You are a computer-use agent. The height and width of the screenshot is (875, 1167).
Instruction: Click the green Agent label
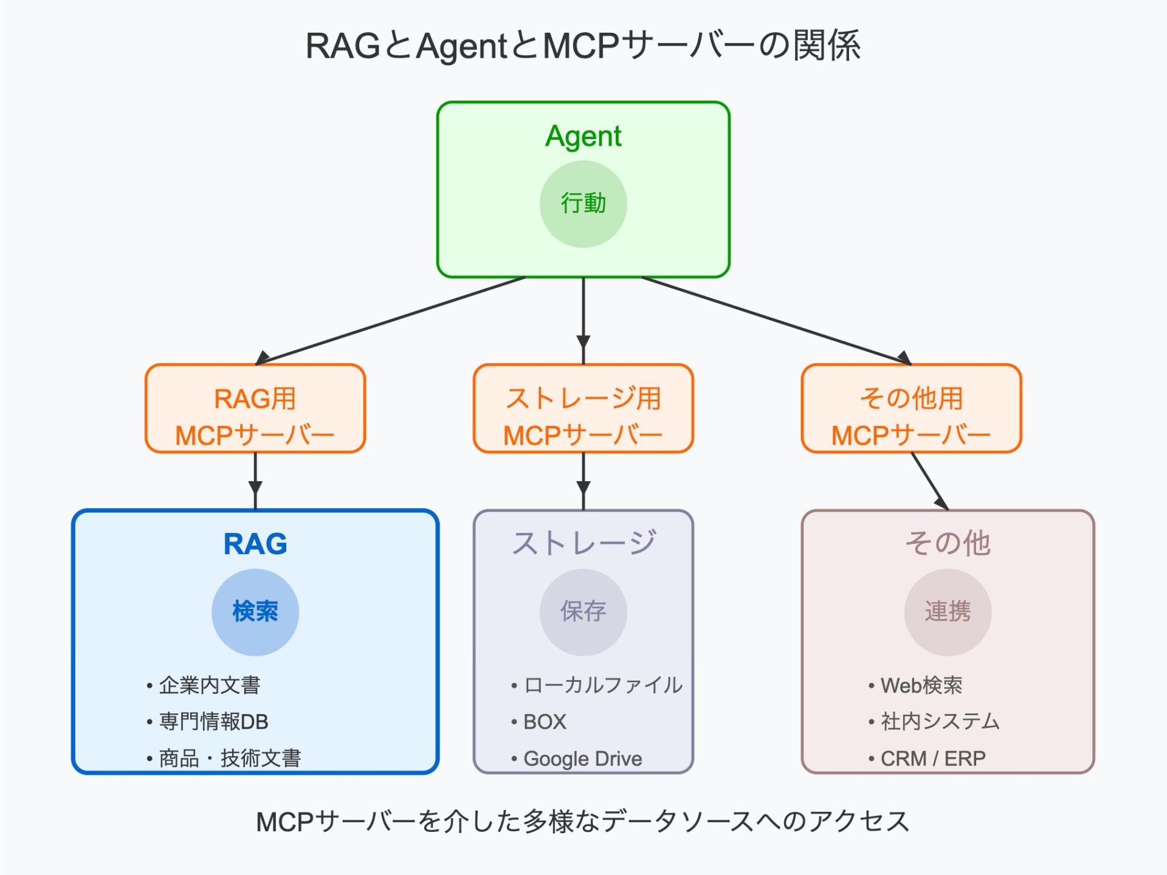pos(583,136)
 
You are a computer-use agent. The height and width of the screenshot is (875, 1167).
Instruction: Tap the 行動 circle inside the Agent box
pos(583,204)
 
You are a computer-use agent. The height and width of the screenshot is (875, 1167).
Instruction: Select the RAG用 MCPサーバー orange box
pos(255,409)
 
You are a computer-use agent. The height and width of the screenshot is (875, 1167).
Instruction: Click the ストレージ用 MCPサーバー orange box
pos(583,409)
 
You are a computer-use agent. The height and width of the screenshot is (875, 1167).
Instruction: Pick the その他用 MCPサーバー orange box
pos(911,409)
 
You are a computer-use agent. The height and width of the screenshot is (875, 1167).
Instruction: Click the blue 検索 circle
pos(255,612)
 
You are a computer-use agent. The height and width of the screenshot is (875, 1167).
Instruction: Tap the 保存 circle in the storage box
pos(583,612)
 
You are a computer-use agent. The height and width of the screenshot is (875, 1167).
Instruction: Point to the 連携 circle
pos(948,612)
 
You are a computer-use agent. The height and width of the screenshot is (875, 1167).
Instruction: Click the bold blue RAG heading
pos(255,544)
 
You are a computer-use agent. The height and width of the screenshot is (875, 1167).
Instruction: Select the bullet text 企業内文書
pos(209,685)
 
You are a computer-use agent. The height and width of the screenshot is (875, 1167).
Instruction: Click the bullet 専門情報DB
pos(213,722)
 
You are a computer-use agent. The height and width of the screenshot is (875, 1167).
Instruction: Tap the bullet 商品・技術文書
pos(230,758)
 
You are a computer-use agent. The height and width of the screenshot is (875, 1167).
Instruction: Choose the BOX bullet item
pos(544,722)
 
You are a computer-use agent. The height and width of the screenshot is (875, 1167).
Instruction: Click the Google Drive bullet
pos(582,759)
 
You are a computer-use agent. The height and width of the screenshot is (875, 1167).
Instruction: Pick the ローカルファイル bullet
pos(602,685)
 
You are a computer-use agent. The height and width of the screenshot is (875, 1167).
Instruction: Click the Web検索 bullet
pos(921,685)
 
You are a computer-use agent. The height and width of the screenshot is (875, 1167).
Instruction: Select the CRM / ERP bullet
pos(932,758)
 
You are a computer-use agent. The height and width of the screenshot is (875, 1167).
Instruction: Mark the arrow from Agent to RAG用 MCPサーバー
pos(389,321)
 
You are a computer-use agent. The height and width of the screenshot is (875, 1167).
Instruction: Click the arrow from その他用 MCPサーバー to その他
pos(930,481)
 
